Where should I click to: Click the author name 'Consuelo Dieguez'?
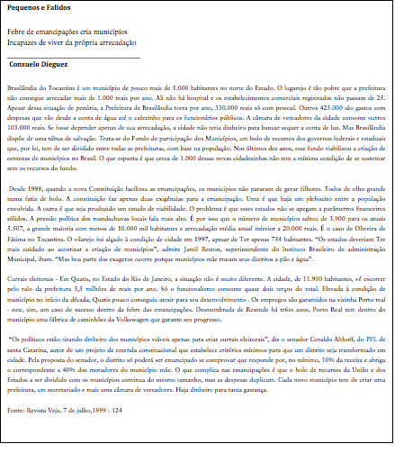click(x=39, y=65)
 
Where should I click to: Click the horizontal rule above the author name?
click(x=73, y=57)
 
